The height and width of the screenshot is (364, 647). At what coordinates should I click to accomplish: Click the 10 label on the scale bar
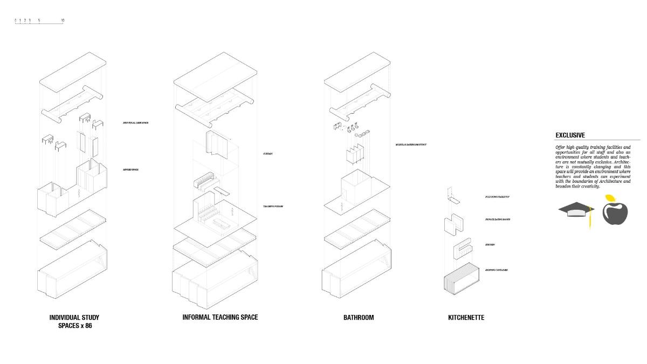coord(63,20)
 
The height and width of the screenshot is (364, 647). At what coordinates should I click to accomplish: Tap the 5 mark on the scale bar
coord(39,20)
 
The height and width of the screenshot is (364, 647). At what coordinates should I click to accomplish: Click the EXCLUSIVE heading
coord(570,135)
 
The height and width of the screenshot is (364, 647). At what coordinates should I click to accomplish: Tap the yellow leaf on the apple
coord(610,198)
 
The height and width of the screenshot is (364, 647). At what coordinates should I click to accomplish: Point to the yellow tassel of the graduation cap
coord(589,218)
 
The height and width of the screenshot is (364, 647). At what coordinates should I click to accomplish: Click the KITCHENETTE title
coord(466,318)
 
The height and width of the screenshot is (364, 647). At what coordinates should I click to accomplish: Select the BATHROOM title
coord(359,318)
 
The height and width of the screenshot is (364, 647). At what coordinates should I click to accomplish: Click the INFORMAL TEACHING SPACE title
coord(220,317)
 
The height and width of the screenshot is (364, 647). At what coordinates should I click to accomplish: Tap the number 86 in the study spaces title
coord(87,326)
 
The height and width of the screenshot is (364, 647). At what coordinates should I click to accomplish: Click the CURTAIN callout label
coord(268,154)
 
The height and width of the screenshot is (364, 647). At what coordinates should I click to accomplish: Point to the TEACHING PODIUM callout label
coord(273,207)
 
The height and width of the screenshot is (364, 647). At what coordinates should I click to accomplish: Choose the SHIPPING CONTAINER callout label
coord(496,270)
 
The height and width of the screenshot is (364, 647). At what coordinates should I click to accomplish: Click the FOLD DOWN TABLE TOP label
coord(497,197)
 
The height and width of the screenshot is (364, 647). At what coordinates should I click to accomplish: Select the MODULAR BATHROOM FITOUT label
coord(411,145)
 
